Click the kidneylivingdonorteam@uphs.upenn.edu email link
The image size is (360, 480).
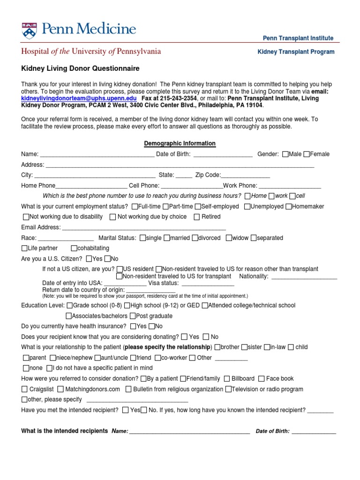79,98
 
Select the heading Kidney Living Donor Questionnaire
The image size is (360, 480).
80,68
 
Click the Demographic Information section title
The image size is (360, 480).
180,143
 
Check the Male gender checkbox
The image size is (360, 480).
285,154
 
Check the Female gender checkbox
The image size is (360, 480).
307,154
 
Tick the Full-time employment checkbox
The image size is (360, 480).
135,206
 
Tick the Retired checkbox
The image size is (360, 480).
197,217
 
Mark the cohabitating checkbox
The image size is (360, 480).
74,248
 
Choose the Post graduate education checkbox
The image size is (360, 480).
133,316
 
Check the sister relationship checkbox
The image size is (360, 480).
244,347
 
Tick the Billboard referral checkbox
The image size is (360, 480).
227,379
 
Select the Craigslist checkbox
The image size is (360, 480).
24,389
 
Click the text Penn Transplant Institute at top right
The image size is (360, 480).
298,38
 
